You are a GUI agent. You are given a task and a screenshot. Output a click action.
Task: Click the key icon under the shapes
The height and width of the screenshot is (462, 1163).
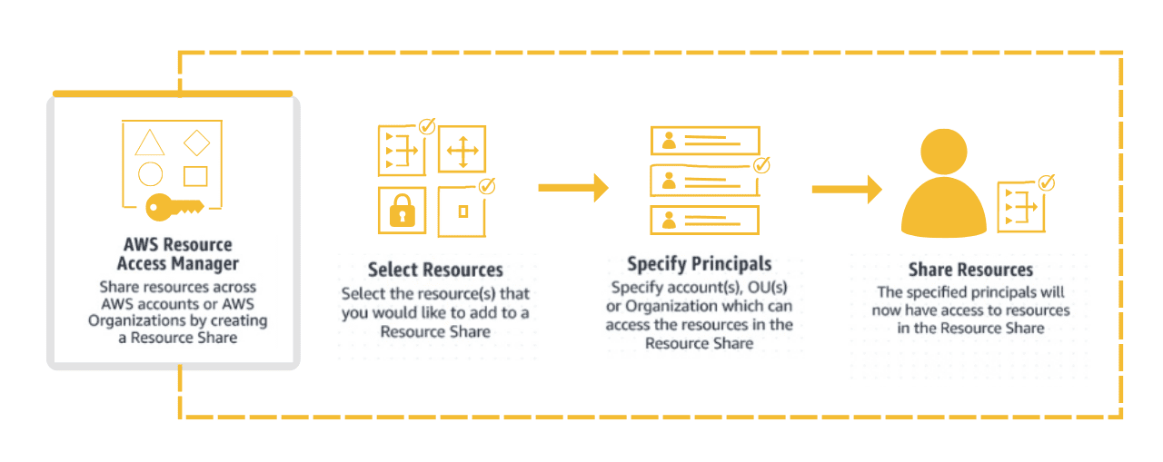(174, 207)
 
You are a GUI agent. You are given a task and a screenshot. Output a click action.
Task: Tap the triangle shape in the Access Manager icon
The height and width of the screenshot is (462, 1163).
(150, 143)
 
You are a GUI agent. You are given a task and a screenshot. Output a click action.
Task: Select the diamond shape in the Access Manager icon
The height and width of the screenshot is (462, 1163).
(196, 143)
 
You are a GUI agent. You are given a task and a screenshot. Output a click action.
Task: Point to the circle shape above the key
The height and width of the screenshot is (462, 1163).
(150, 174)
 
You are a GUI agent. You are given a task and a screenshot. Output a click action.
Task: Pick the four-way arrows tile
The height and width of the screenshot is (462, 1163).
(462, 150)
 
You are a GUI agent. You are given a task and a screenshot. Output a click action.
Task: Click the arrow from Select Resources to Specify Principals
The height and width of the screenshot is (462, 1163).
(572, 188)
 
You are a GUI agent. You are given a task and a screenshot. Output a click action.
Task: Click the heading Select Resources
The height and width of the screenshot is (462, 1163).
(435, 270)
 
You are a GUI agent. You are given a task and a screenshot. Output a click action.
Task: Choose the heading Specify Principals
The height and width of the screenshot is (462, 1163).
(699, 264)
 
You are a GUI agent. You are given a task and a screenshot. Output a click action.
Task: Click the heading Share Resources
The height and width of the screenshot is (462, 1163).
(970, 270)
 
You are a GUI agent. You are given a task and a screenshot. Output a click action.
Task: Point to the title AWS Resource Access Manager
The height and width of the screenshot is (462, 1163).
(177, 254)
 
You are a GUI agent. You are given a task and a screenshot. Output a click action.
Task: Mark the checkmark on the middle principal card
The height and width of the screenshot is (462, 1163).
(761, 165)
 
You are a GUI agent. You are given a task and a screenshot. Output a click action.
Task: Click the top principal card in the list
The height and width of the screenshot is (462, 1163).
(704, 140)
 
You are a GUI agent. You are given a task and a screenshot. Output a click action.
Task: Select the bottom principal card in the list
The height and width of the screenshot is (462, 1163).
(704, 220)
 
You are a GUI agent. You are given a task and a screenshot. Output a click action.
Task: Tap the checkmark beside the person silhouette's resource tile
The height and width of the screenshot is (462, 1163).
(1046, 182)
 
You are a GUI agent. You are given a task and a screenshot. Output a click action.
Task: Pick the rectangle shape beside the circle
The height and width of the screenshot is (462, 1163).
(195, 175)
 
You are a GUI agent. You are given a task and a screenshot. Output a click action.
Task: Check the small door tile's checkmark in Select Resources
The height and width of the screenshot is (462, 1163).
(486, 186)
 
